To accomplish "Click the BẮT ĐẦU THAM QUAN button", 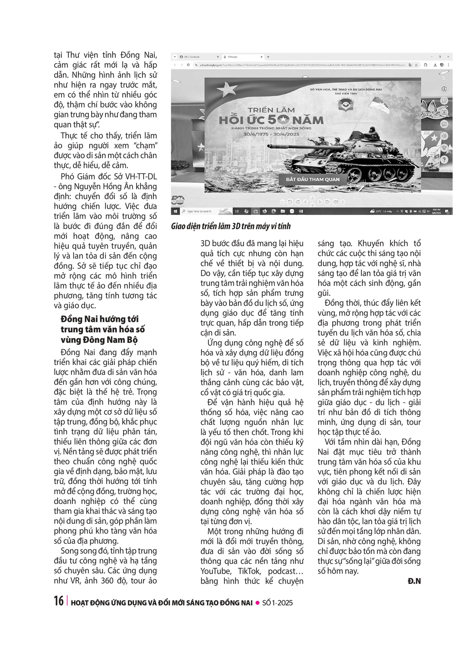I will click(313, 179).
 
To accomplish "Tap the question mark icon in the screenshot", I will click(444, 160).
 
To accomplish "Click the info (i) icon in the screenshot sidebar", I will click(444, 89).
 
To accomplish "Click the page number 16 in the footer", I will click(59, 601).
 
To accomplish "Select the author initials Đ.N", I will click(414, 581).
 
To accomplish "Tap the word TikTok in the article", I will click(249, 571).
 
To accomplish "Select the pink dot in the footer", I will click(258, 603).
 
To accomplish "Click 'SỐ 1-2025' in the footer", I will click(277, 603).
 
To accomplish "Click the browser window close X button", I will click(448, 57).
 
